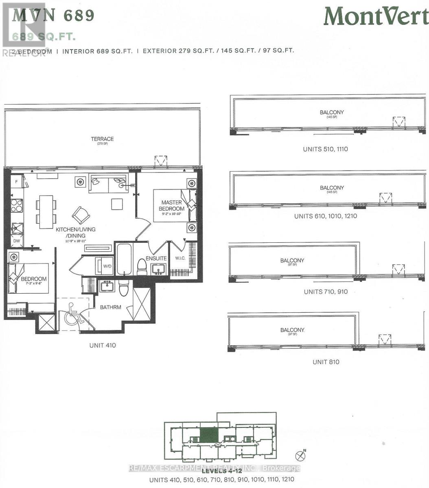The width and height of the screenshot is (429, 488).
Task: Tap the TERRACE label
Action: (102, 139)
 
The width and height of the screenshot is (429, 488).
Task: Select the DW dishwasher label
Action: (16, 241)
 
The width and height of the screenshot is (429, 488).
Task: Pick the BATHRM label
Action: (111, 307)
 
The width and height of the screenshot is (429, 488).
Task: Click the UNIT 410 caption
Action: (103, 345)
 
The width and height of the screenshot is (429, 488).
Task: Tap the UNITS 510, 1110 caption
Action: (325, 149)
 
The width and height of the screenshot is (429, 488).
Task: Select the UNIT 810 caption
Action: (326, 362)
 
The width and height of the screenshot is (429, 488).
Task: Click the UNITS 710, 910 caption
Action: (326, 292)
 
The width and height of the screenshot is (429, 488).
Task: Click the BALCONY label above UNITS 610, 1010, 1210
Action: (332, 188)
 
